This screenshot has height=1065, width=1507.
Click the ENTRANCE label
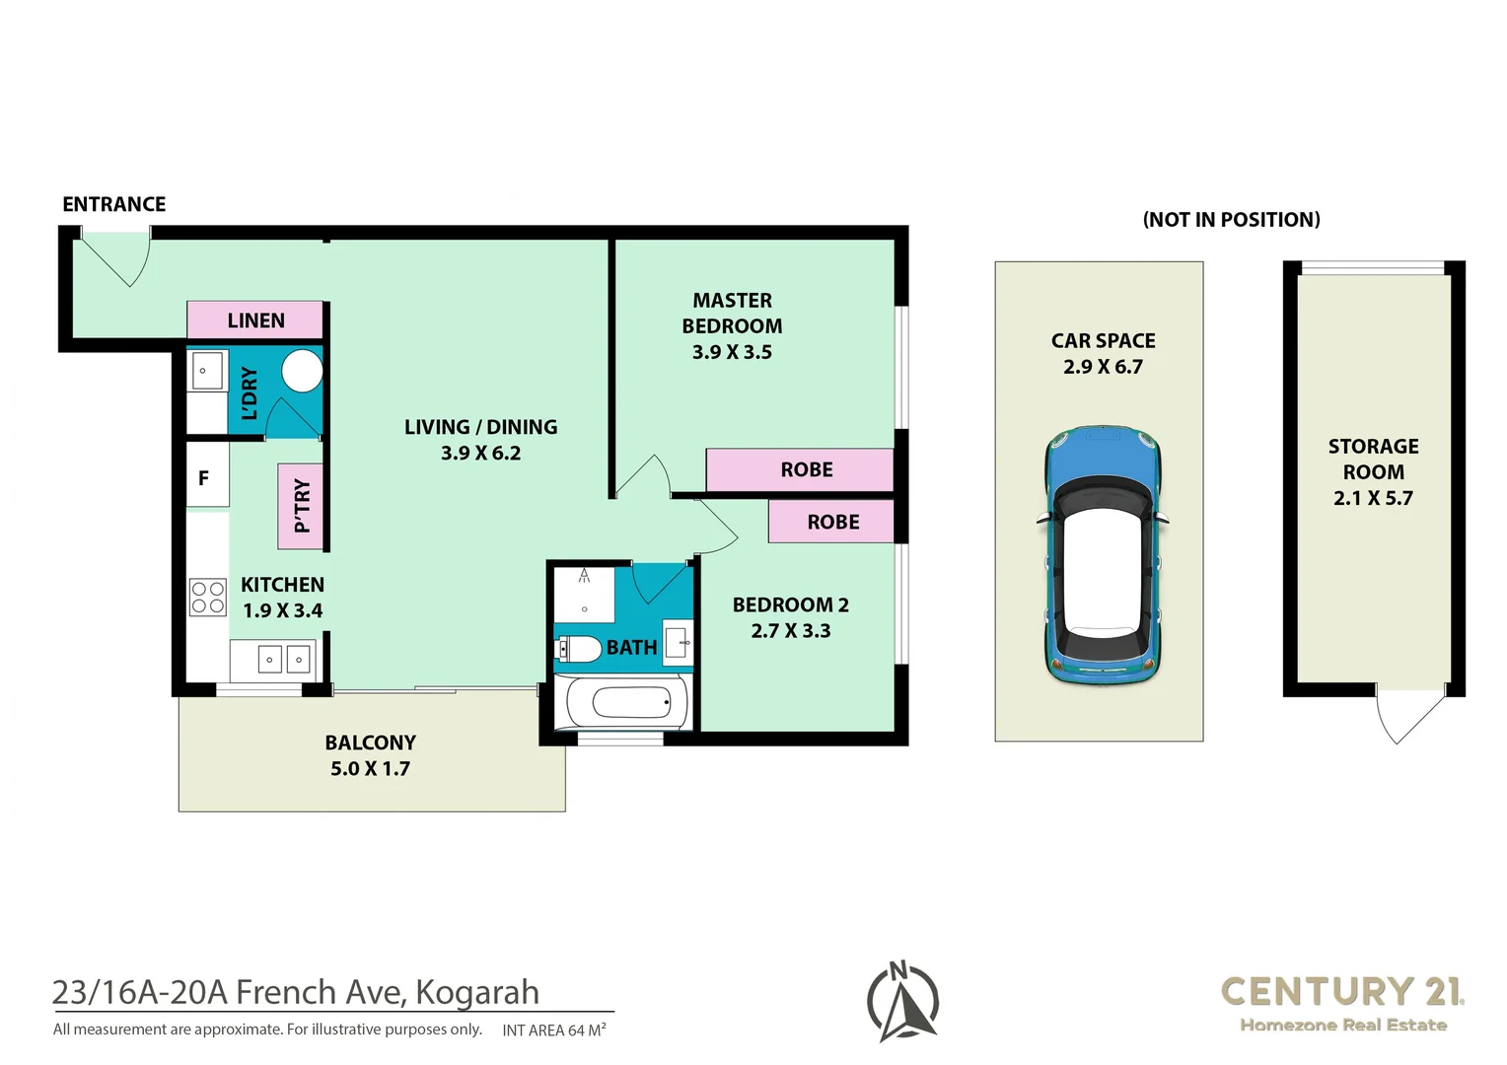pos(113,204)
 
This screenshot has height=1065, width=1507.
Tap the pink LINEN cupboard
pos(255,320)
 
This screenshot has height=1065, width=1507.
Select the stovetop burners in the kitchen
pos(208,598)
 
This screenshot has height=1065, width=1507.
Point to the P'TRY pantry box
pos(301,506)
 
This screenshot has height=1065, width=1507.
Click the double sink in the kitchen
pos(284,659)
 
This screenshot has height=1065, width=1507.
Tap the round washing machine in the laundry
pos(302,371)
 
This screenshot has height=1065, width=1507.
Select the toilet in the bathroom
pos(579,649)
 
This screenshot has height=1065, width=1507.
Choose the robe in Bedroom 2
pos(831,522)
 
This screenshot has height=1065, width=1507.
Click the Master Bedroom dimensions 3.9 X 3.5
pos(732,352)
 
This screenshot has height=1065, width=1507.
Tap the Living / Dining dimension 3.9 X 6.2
pos(480,454)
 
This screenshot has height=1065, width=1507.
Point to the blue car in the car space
pos(1103,555)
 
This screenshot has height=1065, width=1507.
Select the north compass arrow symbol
pos(902,1001)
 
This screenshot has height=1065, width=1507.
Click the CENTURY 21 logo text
pos(1341,991)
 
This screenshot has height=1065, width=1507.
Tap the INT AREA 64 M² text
pos(553,1030)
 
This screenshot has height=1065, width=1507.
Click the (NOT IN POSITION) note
pos(1231,220)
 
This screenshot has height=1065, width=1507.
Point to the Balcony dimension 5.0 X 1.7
pos(370,769)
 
